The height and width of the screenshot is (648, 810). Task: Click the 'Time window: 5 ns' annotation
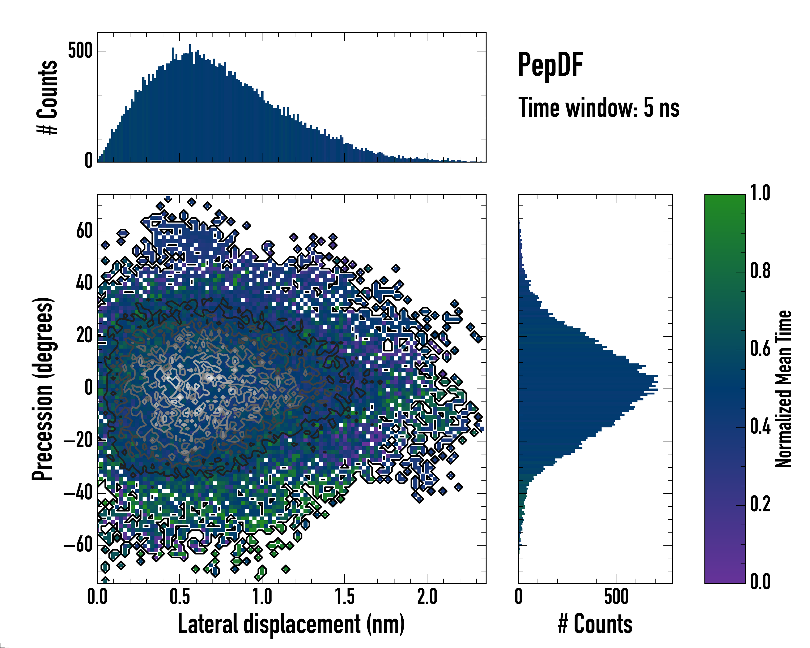click(x=599, y=108)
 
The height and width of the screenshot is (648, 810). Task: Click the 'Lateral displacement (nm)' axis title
click(x=291, y=624)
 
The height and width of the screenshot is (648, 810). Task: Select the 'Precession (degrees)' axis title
click(x=42, y=389)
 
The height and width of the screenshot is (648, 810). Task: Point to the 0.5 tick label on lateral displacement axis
click(x=180, y=596)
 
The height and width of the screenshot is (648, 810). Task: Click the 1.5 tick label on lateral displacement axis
click(x=345, y=596)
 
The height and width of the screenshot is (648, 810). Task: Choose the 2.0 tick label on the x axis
click(x=427, y=596)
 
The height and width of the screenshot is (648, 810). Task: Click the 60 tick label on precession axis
click(x=85, y=231)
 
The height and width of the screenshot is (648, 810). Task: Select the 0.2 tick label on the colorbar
click(x=760, y=504)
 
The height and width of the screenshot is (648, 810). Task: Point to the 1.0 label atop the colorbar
click(x=760, y=193)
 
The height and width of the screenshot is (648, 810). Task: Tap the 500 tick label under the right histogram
click(x=616, y=596)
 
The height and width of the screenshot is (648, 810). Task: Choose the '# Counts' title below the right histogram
click(x=595, y=624)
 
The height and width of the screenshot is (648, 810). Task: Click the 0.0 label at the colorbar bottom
click(x=760, y=582)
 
